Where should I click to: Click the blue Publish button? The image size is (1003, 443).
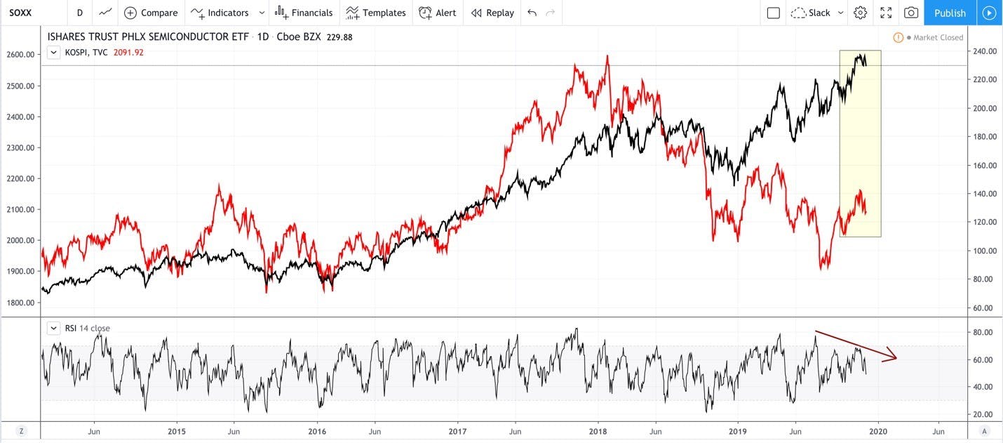950,13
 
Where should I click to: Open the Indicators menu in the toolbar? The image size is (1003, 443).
220,13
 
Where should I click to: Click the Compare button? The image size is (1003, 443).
151,13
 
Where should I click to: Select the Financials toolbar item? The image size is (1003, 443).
304,13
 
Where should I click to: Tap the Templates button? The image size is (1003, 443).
376,13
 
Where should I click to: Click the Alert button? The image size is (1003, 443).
438,13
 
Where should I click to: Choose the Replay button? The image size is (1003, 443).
492,13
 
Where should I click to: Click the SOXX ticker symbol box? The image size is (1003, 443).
20,13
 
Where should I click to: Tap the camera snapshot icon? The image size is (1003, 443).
910,13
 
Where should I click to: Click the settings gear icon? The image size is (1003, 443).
860,13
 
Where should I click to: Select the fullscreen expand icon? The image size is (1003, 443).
886,13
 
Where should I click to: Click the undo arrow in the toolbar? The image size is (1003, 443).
532,13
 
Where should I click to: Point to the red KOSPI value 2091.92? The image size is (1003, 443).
128,53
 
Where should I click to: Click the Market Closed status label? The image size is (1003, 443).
938,38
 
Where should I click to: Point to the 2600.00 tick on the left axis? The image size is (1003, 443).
20,55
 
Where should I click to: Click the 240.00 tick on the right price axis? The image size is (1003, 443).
985,51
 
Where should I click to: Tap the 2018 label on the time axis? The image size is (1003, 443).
598,431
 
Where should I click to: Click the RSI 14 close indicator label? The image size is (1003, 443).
87,329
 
